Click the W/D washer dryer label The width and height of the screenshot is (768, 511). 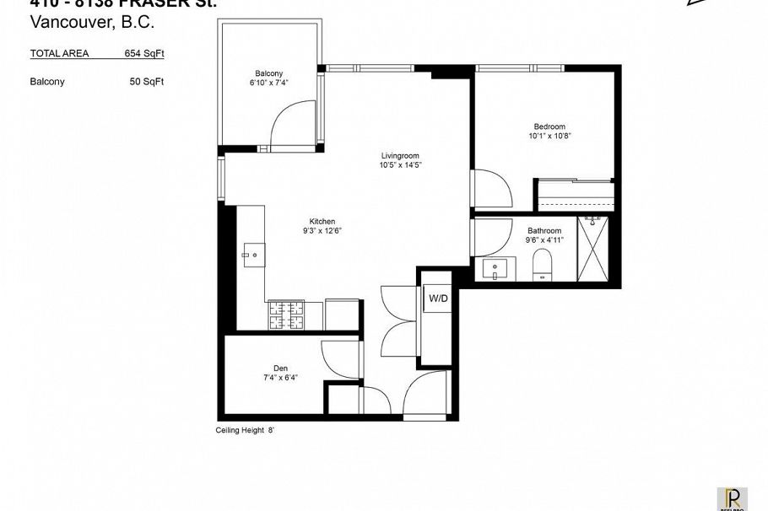pos(438,298)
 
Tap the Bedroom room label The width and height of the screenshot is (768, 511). pos(548,126)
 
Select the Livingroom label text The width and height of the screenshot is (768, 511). pos(399,155)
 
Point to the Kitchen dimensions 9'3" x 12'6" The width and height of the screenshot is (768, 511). pos(322,230)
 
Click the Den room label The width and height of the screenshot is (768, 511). pos(280,368)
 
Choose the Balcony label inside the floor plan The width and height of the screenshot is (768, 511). pos(268,73)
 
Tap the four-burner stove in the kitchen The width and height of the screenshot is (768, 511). pos(286,315)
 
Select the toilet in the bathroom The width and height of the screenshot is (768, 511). pos(543,269)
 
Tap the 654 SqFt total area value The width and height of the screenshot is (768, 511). pos(143,53)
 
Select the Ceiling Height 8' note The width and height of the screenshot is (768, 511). pos(246,429)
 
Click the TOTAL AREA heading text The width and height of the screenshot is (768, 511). pos(59,53)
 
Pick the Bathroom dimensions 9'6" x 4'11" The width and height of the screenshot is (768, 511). pos(544,240)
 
